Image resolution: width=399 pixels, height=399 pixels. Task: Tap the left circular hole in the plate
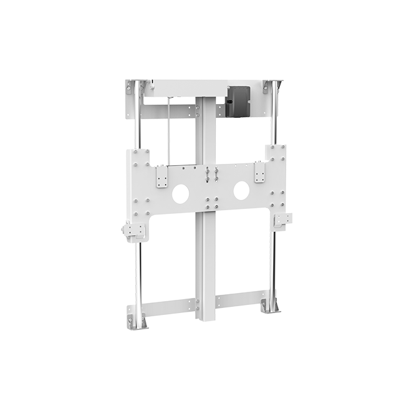(180, 193)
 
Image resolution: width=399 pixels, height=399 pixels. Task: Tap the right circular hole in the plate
(241, 190)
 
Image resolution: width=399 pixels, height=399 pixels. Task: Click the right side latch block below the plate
(281, 220)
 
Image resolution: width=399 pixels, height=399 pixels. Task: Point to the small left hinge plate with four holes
(163, 179)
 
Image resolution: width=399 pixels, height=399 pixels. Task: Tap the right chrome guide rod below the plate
(274, 262)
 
